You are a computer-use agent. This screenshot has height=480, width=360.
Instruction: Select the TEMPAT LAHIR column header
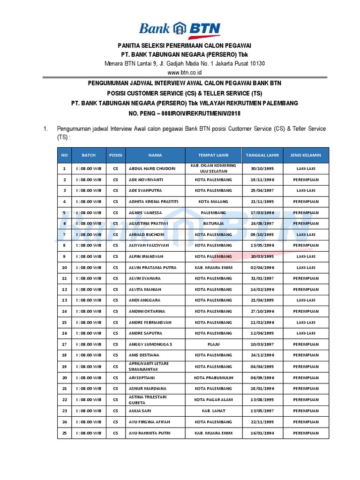(x=213, y=155)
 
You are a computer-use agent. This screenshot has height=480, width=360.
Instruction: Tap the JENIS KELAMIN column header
(x=306, y=155)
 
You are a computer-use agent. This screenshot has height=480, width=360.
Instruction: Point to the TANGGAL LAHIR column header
(x=262, y=155)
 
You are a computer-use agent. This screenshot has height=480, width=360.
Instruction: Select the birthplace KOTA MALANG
(x=213, y=202)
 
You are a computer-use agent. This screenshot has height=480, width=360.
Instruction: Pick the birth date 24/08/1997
(x=262, y=224)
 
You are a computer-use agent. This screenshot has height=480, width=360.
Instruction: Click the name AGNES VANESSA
(x=146, y=212)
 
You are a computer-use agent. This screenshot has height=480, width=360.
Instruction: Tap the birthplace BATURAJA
(x=213, y=224)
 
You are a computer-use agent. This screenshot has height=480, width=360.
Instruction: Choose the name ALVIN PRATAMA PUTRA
(x=150, y=267)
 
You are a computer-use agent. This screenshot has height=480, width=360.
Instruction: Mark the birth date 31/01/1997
(x=262, y=278)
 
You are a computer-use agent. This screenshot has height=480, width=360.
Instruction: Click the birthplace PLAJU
(x=213, y=344)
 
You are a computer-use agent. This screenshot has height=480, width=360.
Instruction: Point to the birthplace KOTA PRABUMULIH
(x=213, y=377)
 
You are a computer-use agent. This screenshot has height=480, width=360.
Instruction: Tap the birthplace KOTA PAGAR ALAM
(x=213, y=399)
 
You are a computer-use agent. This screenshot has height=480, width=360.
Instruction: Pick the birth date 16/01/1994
(x=262, y=432)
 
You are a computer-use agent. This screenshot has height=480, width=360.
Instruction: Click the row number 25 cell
(x=64, y=432)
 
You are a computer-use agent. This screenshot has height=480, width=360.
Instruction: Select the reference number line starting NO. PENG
(x=180, y=113)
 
